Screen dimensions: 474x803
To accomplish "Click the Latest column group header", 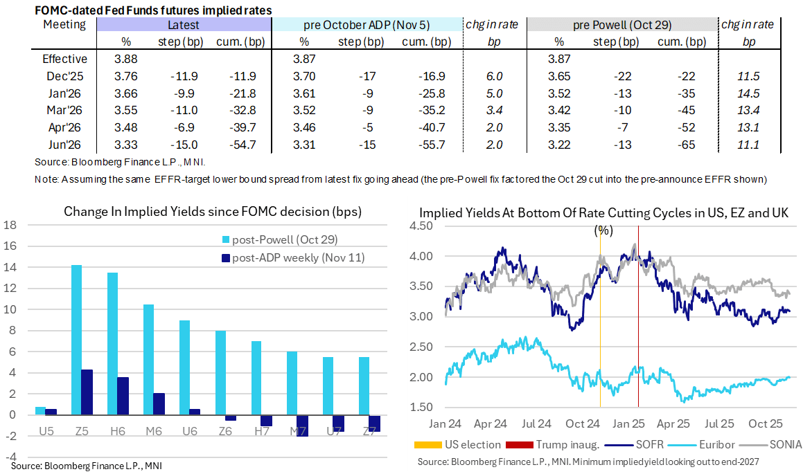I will pos(183,25).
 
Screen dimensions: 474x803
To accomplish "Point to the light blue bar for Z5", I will pos(76,340).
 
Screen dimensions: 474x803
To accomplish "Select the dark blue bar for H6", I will pos(123,396).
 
